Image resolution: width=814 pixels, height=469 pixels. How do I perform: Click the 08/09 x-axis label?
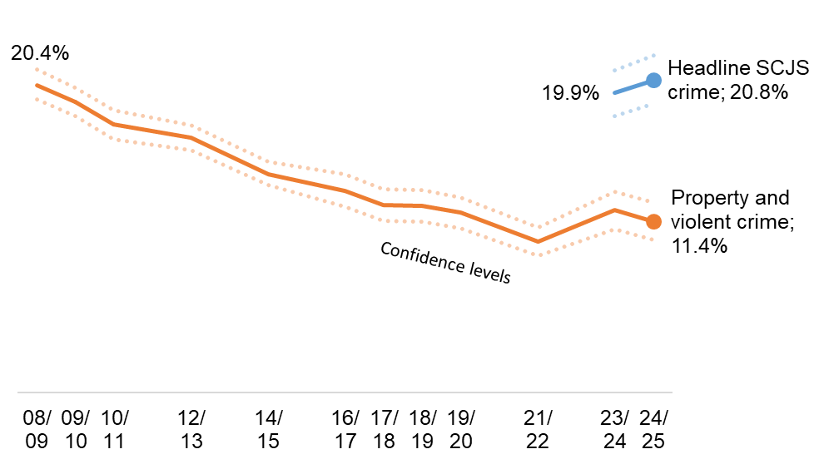tap(37, 429)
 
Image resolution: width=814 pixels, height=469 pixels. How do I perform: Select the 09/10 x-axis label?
tap(76, 429)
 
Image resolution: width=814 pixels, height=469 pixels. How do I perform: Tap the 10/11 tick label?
tap(115, 429)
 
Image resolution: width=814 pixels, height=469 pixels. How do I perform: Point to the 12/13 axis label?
tap(191, 429)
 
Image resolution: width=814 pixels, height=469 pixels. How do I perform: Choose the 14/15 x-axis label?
tap(269, 429)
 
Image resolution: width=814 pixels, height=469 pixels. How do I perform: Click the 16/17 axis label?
tap(345, 429)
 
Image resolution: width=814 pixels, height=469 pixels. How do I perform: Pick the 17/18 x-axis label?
tap(384, 429)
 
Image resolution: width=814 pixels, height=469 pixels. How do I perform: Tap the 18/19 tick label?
tap(423, 429)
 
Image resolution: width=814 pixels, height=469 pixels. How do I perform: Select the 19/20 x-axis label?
tap(461, 429)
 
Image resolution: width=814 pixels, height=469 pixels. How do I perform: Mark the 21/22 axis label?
tap(538, 429)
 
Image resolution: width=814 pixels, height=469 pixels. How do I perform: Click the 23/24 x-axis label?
tap(614, 429)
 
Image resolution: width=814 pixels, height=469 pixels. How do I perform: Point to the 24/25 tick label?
tap(653, 429)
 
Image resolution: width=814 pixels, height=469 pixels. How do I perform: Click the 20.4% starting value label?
tap(40, 53)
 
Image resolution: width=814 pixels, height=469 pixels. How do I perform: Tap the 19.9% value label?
tap(571, 93)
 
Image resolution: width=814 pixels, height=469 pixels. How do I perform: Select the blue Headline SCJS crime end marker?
tap(653, 80)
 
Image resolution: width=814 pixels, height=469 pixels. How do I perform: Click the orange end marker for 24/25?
tap(653, 221)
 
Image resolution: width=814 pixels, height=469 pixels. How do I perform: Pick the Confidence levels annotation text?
tap(444, 264)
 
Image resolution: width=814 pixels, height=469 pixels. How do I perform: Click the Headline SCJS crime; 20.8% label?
tap(727, 81)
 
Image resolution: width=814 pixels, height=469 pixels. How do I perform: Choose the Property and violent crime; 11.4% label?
tap(729, 222)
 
